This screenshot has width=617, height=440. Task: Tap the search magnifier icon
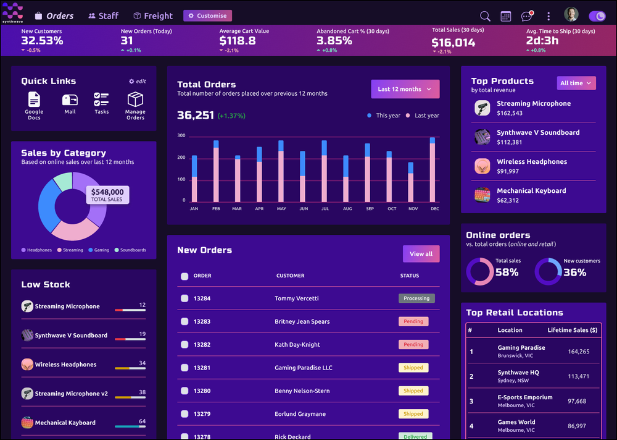pos(485,16)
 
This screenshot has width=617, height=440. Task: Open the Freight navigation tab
pos(153,15)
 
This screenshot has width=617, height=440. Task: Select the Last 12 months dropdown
pos(405,89)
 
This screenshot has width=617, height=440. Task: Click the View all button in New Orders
pos(421,253)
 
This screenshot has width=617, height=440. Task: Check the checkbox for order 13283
pos(184,321)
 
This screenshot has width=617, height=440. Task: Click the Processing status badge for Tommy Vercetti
pos(416,298)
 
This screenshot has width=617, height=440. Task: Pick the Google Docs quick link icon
pos(34,99)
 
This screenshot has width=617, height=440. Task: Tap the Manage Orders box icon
pos(135,99)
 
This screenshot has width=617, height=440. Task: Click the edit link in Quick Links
pos(138,82)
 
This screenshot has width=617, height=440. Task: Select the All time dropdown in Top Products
pos(576,83)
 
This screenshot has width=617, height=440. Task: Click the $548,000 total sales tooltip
pos(107,195)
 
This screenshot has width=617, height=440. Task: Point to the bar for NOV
pos(411,182)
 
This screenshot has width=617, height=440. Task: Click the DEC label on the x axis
pos(435,209)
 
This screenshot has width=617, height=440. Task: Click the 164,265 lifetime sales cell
pos(578,352)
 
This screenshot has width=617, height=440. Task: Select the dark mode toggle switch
pos(597,16)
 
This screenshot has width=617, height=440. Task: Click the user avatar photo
pos(571,15)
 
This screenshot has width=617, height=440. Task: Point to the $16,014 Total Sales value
pos(453,43)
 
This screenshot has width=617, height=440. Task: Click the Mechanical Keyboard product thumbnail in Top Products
pos(482,195)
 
